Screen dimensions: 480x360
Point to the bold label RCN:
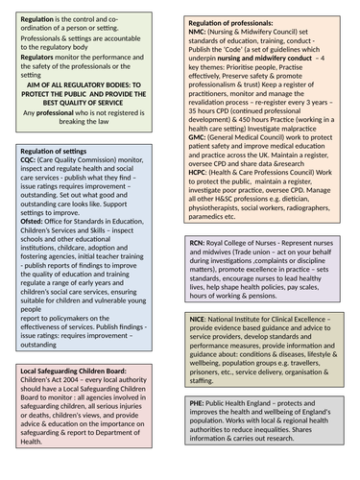coord(198,246)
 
